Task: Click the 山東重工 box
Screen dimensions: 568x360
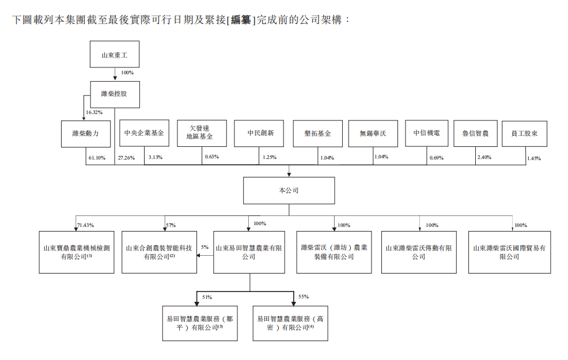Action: tap(115, 54)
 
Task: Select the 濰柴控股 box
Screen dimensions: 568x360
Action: tap(115, 94)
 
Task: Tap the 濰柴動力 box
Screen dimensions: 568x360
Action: tap(86, 134)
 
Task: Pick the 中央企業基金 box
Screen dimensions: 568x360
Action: tap(144, 133)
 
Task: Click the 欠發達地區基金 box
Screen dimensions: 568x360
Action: tap(202, 133)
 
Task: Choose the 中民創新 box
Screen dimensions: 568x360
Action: tap(259, 133)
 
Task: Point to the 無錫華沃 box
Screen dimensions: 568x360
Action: tap(373, 134)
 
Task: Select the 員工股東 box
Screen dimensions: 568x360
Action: tap(525, 134)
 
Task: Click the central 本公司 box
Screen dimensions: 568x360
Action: tap(289, 191)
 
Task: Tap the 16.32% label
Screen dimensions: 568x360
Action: tap(94, 112)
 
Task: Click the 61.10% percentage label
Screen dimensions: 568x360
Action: tap(97, 158)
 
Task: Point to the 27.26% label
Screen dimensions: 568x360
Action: tap(126, 158)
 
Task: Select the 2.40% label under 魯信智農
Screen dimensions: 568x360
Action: tap(484, 157)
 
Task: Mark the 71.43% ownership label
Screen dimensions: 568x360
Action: tap(85, 225)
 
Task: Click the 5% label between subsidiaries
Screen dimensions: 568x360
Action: tap(205, 247)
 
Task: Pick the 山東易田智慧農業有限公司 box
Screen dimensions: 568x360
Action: tap(249, 252)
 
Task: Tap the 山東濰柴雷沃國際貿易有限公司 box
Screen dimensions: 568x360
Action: tap(510, 252)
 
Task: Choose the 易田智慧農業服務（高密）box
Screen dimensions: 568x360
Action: tap(290, 323)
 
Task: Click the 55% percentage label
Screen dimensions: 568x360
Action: tap(304, 297)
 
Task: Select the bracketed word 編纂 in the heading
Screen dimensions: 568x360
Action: tap(241, 20)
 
